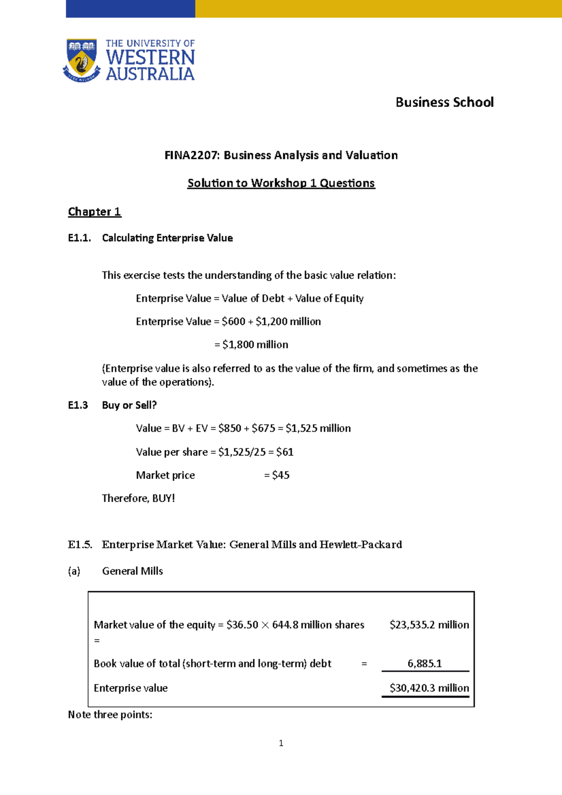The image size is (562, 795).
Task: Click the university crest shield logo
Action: click(82, 59)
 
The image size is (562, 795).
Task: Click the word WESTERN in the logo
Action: click(150, 58)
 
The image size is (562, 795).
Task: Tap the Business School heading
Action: click(444, 102)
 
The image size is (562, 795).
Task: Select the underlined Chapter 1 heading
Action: click(95, 212)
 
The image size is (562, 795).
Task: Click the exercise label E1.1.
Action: click(79, 238)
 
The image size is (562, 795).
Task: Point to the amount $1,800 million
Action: click(255, 345)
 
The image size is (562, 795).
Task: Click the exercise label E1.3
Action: click(78, 405)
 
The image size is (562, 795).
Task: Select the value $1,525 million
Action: click(318, 428)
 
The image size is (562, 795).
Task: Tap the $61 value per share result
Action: click(285, 452)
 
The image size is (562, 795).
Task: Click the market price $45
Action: click(281, 475)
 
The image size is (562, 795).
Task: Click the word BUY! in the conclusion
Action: click(163, 498)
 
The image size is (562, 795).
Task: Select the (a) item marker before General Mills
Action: click(74, 571)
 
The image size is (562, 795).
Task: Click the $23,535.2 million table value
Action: click(429, 625)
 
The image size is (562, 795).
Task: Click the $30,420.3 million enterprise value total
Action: click(429, 688)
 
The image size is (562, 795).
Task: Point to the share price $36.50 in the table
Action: click(242, 625)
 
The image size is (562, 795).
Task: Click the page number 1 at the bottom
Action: click(281, 743)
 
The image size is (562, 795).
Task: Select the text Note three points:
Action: click(110, 714)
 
